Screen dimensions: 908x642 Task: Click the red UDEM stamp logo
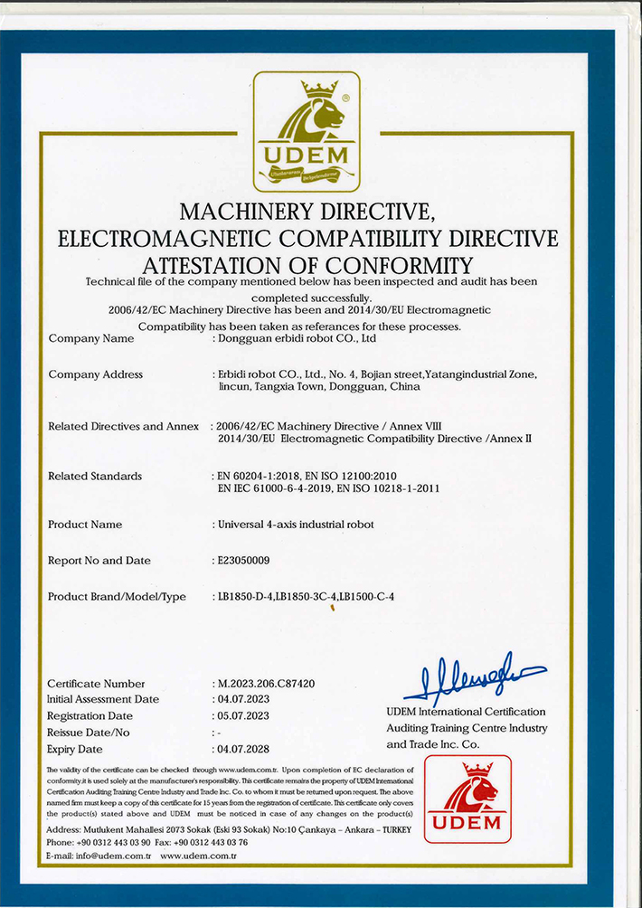467,799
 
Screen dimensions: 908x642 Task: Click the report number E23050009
243,561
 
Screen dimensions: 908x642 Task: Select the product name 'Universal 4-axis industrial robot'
295,525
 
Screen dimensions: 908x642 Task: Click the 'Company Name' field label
90,339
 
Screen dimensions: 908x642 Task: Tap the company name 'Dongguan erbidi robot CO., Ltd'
294,339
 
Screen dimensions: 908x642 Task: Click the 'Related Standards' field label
94,476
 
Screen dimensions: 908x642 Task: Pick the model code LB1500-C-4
366,597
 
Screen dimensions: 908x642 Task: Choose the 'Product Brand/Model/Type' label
117,597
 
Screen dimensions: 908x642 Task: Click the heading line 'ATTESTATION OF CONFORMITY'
307,265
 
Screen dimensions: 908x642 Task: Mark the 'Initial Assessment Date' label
102,700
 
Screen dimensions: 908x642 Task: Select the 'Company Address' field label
95,374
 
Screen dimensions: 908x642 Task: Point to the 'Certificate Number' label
95,684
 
